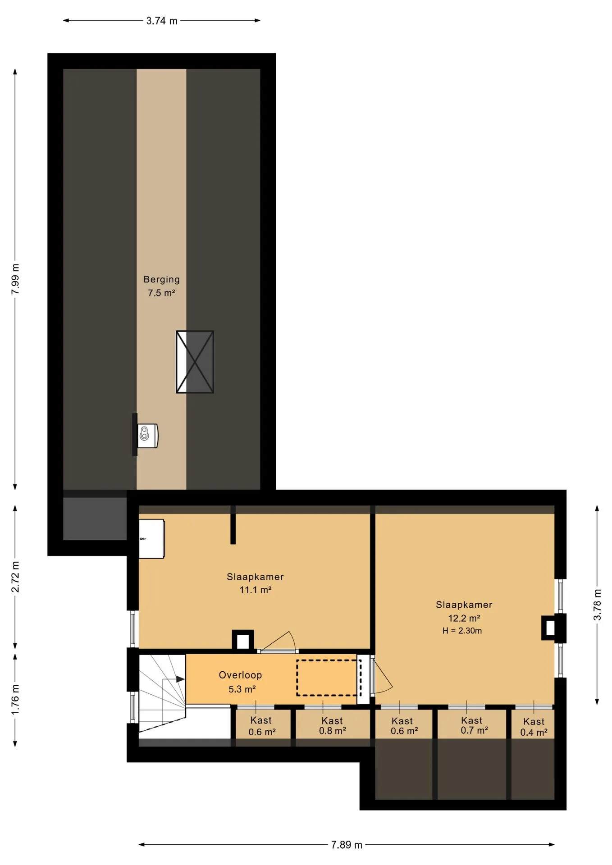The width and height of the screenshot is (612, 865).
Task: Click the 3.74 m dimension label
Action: click(x=162, y=21)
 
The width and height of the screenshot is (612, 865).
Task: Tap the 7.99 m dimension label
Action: click(x=15, y=279)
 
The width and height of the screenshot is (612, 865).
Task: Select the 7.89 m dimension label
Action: click(x=347, y=845)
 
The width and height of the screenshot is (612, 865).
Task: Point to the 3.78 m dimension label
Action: click(x=597, y=605)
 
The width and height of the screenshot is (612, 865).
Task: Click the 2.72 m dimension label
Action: click(x=15, y=577)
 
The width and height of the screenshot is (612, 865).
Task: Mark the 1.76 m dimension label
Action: click(x=15, y=700)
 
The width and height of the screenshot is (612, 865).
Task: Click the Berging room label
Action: click(x=161, y=279)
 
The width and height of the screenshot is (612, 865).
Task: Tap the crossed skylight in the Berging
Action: click(x=195, y=362)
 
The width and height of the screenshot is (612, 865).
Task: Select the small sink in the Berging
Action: click(x=147, y=435)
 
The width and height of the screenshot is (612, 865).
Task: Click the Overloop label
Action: click(x=240, y=675)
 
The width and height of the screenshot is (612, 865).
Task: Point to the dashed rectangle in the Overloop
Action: click(x=329, y=678)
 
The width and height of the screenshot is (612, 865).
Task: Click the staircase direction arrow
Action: click(x=174, y=679)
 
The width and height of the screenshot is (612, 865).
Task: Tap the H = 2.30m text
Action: click(x=462, y=631)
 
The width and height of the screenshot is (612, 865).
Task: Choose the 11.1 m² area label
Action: click(x=255, y=590)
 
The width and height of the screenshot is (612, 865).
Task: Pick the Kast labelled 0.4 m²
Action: click(x=534, y=727)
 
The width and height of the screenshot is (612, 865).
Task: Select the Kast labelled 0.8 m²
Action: click(x=333, y=726)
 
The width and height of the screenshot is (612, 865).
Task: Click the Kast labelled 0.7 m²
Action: click(x=474, y=725)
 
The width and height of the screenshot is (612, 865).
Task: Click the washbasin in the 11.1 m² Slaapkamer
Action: click(x=151, y=539)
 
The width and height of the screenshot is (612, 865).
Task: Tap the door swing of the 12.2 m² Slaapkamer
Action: click(x=382, y=675)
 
